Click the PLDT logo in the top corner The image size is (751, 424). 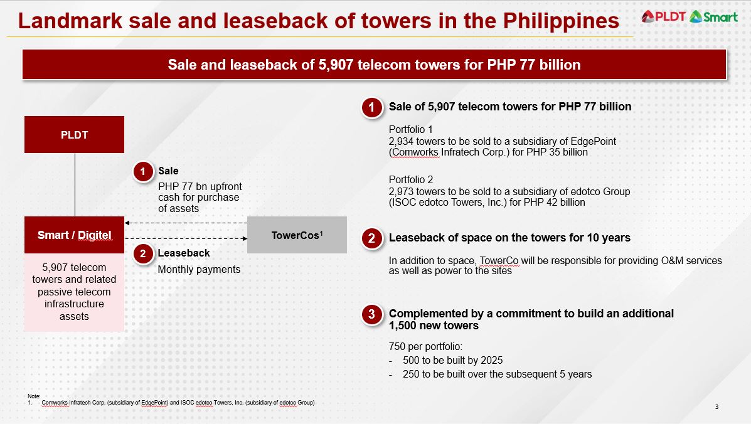(664, 16)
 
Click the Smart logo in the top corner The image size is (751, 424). (713, 17)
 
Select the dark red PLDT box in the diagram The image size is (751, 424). (75, 134)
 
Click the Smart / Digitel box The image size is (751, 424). (75, 235)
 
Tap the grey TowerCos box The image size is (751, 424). (297, 235)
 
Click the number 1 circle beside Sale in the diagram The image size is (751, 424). (142, 171)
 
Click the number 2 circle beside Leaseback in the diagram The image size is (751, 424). (142, 253)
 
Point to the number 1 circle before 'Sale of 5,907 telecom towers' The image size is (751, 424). (371, 108)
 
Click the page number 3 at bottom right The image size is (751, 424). (716, 407)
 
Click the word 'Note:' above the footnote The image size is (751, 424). (34, 396)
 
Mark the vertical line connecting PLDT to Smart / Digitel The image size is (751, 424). (75, 185)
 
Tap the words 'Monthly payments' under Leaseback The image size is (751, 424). (199, 270)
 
